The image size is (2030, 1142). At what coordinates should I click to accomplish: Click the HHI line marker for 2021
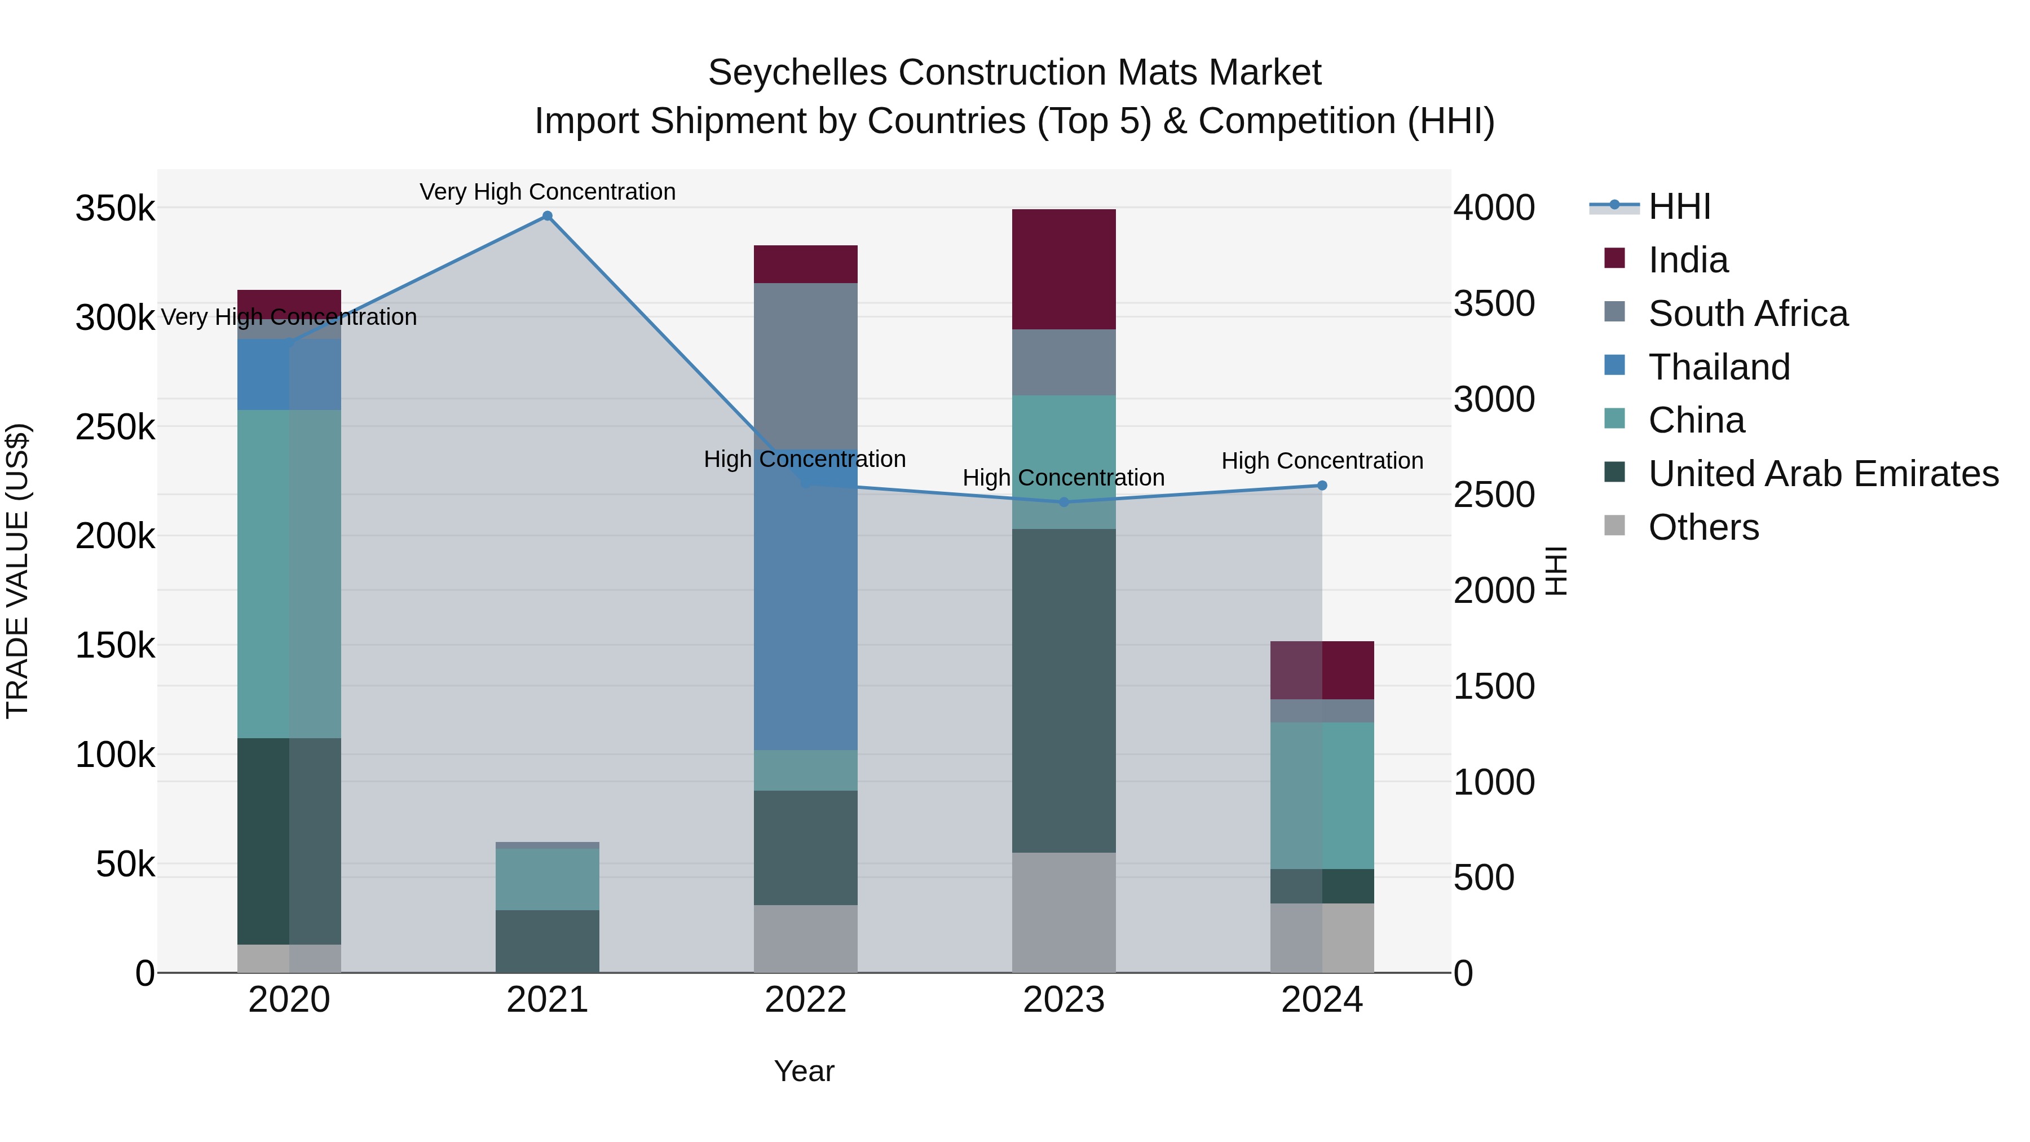click(x=547, y=216)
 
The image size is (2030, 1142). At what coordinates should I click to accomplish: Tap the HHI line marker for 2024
click(x=1322, y=486)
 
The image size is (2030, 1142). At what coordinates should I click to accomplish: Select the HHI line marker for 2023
click(x=1064, y=502)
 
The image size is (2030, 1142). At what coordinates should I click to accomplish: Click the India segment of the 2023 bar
click(x=1064, y=269)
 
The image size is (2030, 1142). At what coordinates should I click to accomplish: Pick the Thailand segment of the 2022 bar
click(x=805, y=599)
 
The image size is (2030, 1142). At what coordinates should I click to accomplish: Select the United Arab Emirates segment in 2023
click(x=1064, y=690)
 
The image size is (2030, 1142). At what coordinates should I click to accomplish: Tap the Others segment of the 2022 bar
click(x=805, y=938)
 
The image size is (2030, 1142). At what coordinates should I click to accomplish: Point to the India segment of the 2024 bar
click(x=1322, y=670)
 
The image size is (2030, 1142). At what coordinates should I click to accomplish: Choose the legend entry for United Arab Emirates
click(x=1822, y=474)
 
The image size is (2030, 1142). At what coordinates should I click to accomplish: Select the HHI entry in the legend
click(x=1679, y=206)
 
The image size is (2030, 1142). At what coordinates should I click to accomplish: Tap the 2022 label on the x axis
click(x=805, y=1000)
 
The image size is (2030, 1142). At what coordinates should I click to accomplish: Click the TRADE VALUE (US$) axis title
click(x=17, y=571)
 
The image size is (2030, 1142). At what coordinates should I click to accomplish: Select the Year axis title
click(x=804, y=1071)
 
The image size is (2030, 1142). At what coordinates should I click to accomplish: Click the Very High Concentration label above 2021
click(x=547, y=192)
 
